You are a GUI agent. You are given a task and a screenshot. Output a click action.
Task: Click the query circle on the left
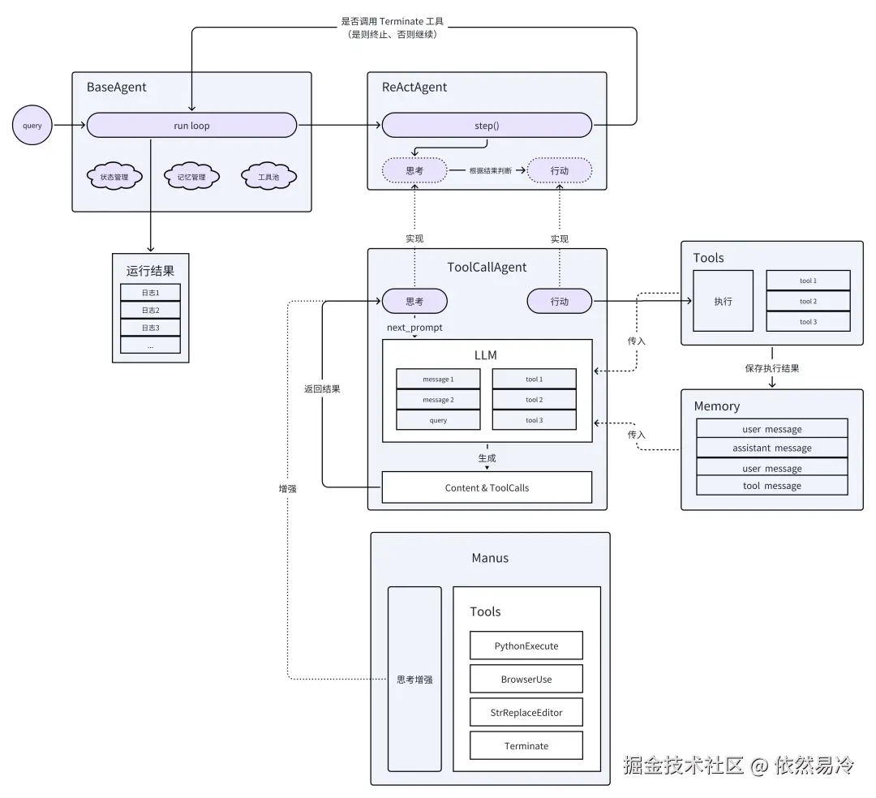pos(32,126)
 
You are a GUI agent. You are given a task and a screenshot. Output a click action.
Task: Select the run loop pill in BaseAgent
pos(191,126)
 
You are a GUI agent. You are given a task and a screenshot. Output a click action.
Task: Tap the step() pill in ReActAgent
pos(487,126)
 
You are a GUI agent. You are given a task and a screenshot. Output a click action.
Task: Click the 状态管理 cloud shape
pos(114,177)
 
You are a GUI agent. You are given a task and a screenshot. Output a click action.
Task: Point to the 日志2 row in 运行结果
pos(150,310)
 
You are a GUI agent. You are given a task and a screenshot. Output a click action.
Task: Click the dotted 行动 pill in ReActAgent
pos(560,171)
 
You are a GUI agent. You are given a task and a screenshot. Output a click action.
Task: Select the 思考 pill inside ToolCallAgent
pos(414,301)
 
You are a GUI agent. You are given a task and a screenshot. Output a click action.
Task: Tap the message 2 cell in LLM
pos(438,400)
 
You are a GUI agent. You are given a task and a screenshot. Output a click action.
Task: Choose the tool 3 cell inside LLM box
pos(534,420)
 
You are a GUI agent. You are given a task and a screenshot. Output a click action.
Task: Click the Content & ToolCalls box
pos(487,487)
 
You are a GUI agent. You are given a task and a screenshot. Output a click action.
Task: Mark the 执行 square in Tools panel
pos(723,301)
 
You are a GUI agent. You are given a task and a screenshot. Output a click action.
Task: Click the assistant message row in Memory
pos(771,448)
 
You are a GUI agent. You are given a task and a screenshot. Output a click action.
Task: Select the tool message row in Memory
pos(771,486)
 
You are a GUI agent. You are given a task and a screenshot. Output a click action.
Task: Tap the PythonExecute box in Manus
pos(526,646)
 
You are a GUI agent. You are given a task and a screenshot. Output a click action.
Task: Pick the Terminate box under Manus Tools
pos(526,745)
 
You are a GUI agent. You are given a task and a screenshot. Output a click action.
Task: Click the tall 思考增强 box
pos(414,679)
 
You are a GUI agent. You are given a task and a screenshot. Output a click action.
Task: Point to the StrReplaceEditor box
pos(526,712)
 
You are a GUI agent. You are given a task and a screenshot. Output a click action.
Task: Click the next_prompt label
pos(414,328)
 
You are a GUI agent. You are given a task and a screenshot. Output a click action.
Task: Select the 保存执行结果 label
pos(771,368)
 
